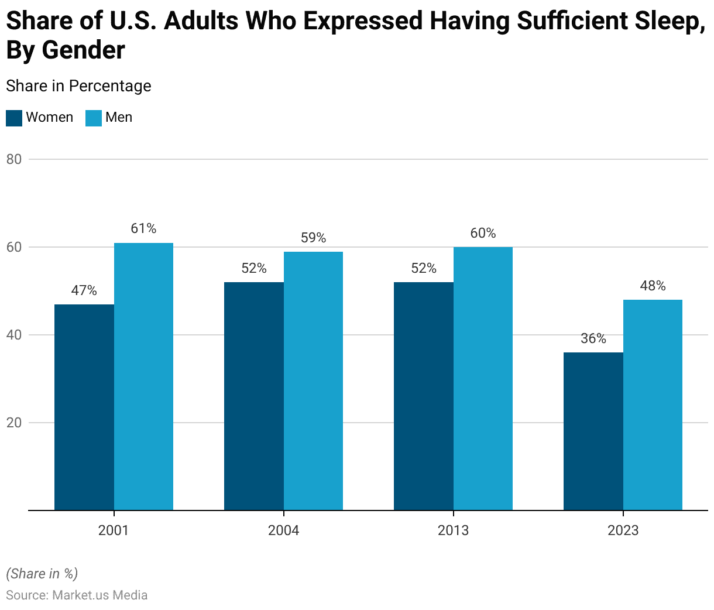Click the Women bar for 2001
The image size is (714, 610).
84,407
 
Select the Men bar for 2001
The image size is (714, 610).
143,376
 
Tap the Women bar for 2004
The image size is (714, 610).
254,396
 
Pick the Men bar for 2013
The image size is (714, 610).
483,379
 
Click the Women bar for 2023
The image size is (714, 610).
593,431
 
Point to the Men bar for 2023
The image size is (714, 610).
653,405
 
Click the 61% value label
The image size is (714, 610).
143,228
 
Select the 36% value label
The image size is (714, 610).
593,338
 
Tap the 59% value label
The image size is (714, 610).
313,238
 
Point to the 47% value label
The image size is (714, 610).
84,290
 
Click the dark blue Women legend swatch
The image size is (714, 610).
14,118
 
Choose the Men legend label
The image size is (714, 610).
119,117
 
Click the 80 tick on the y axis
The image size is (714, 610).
13,159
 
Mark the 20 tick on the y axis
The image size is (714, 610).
13,423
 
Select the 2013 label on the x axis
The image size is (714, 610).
453,530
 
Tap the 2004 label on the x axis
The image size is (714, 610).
283,530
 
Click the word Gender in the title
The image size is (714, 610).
83,50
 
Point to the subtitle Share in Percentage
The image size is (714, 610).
78,86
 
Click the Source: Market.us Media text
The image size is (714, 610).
77,595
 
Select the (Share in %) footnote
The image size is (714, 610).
42,573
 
